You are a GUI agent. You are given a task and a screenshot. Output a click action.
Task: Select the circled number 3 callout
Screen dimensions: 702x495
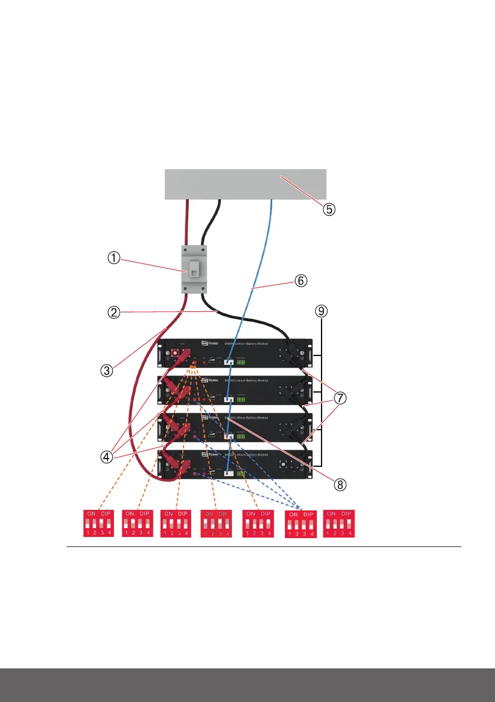[106, 370]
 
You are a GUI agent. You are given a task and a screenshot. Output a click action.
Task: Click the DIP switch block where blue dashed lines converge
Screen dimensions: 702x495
[300, 523]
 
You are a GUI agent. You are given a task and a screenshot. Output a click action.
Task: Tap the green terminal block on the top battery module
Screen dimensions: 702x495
[243, 362]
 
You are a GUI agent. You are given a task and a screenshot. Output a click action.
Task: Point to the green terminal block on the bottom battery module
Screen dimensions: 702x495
[242, 473]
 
